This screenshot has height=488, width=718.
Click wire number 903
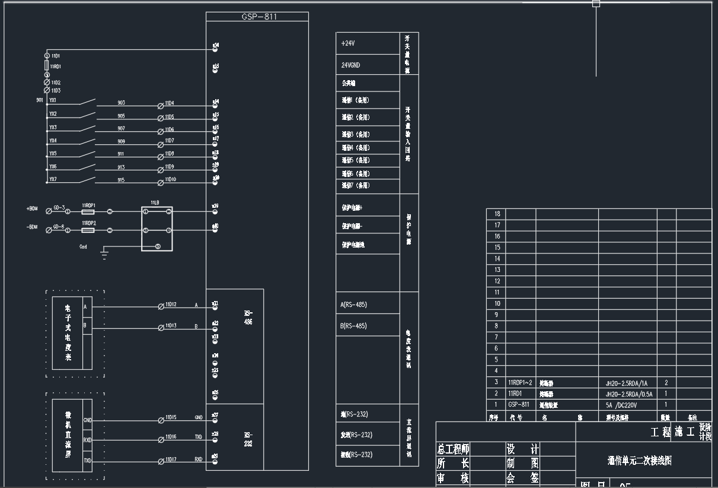pos(121,103)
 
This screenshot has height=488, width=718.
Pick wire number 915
pos(121,180)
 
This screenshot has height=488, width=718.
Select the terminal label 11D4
pos(170,103)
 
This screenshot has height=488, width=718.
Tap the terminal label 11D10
pos(170,179)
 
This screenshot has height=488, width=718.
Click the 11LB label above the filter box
pos(155,202)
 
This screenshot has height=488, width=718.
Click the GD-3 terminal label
pos(59,208)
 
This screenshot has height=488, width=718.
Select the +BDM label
pos(32,209)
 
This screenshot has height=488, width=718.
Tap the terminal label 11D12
pos(171,305)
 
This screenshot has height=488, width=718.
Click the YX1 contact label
pos(53,100)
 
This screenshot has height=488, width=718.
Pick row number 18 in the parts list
pos(497,214)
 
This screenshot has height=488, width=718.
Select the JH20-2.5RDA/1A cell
pos(626,383)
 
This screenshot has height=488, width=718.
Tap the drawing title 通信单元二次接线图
pos(640,461)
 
